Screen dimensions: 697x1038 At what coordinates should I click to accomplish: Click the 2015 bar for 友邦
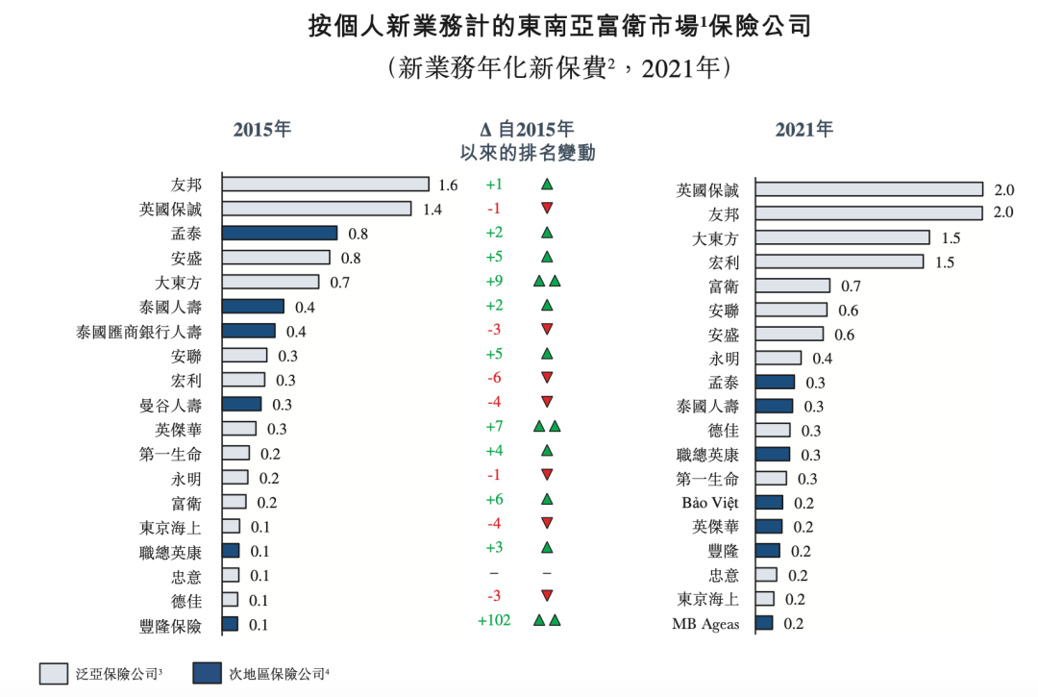tap(325, 184)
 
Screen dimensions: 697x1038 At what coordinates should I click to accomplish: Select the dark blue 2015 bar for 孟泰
tap(279, 233)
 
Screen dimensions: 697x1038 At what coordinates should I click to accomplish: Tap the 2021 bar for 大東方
tap(842, 237)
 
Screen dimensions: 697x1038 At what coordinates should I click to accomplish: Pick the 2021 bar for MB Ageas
tap(764, 623)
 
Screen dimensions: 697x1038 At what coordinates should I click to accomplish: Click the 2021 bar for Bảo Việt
tap(769, 502)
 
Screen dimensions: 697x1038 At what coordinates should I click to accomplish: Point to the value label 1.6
tap(448, 185)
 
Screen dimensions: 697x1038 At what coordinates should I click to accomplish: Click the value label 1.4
tap(432, 209)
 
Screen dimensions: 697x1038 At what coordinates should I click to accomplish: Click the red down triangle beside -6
tap(547, 378)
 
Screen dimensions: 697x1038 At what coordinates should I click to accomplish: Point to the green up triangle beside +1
tap(547, 184)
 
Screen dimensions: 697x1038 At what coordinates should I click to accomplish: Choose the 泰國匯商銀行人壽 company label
tap(139, 332)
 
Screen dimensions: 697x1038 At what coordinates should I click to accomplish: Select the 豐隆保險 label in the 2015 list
tap(171, 627)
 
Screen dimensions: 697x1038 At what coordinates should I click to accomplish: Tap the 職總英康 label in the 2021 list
tap(708, 455)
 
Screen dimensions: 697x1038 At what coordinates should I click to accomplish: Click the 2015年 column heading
tap(261, 130)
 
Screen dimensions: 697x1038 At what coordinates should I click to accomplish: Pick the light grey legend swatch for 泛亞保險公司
tap(53, 672)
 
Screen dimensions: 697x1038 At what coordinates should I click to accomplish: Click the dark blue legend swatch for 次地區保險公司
tap(207, 672)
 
